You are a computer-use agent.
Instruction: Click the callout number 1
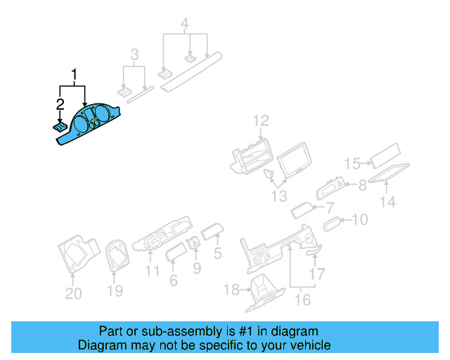[73, 74]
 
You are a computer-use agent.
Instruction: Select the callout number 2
[60, 105]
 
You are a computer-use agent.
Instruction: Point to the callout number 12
[261, 120]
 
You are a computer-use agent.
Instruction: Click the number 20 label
[73, 294]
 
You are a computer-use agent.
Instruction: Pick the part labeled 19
[115, 255]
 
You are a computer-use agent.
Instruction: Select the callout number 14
[388, 202]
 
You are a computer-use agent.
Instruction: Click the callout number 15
[352, 163]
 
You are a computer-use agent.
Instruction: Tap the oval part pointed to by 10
[332, 223]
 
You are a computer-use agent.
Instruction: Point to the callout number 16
[302, 300]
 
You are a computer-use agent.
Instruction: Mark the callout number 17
[318, 274]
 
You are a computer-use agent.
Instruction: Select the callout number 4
[185, 25]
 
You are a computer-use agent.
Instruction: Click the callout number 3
[135, 54]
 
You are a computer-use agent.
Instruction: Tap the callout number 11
[153, 271]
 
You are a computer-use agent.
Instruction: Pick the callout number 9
[196, 267]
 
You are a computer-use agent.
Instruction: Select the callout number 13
[279, 195]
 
